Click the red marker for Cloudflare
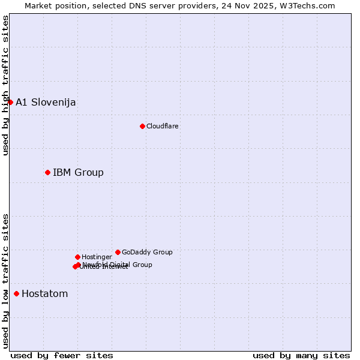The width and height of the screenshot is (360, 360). tap(142, 126)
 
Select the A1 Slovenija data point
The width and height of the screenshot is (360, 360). tap(10, 102)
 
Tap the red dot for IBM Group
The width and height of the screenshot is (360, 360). tap(47, 172)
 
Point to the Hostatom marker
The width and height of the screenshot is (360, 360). tap(16, 293)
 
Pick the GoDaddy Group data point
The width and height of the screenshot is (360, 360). tap(118, 252)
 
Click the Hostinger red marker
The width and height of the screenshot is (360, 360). tap(77, 257)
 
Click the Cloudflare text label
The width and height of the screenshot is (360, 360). tap(163, 126)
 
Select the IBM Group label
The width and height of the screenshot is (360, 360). tap(78, 173)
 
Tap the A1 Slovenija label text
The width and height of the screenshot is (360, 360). tap(46, 102)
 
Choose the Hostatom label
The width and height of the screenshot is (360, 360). tap(44, 294)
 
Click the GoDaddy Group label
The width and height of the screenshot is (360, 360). tap(147, 252)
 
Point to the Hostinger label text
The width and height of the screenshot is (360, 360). tap(97, 257)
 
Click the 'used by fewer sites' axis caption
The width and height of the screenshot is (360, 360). tap(62, 355)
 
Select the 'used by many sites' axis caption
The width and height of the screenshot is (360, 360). tap(301, 355)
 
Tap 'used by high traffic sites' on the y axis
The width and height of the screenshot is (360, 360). tap(5, 85)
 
